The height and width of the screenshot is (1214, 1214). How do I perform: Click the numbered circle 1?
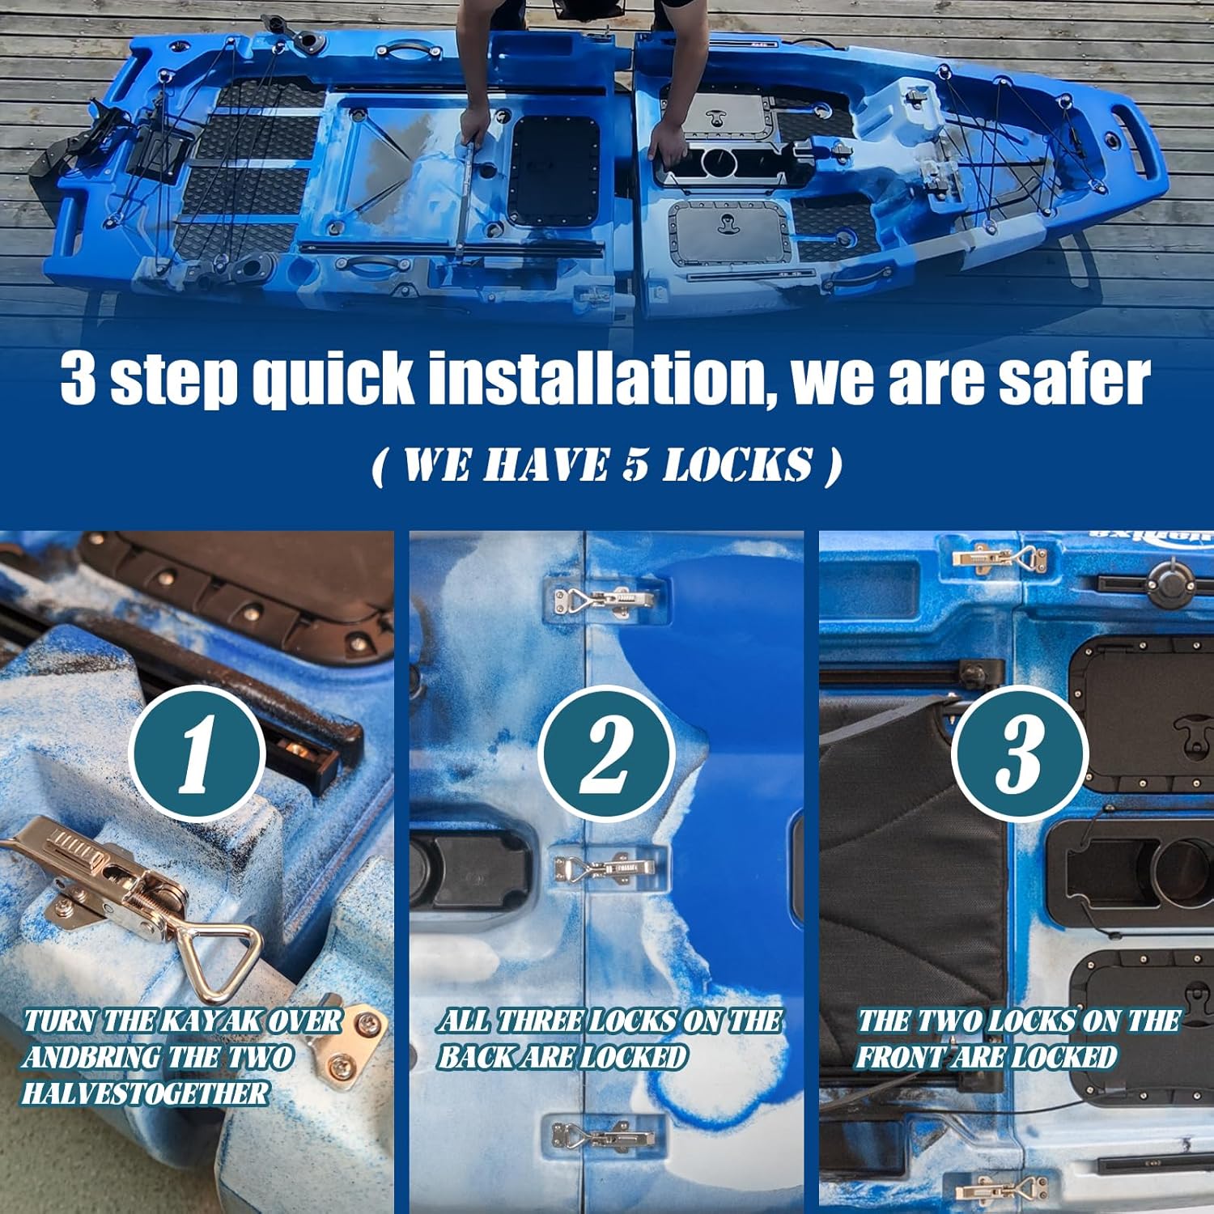point(197,753)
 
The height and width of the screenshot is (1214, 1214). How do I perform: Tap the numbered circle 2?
point(606,753)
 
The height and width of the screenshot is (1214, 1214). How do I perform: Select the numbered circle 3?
point(1018,753)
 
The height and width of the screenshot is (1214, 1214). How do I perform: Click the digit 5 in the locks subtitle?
point(635,465)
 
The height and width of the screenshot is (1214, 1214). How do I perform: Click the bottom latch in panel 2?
point(603,1137)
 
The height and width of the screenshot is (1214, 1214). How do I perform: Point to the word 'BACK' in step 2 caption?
point(479,1057)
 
